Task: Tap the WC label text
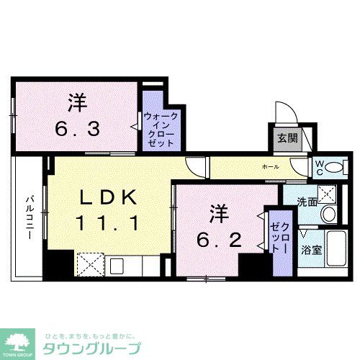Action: (317, 166)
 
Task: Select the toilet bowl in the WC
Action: (334, 167)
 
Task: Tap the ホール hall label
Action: (270, 166)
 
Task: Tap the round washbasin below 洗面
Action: (329, 214)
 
